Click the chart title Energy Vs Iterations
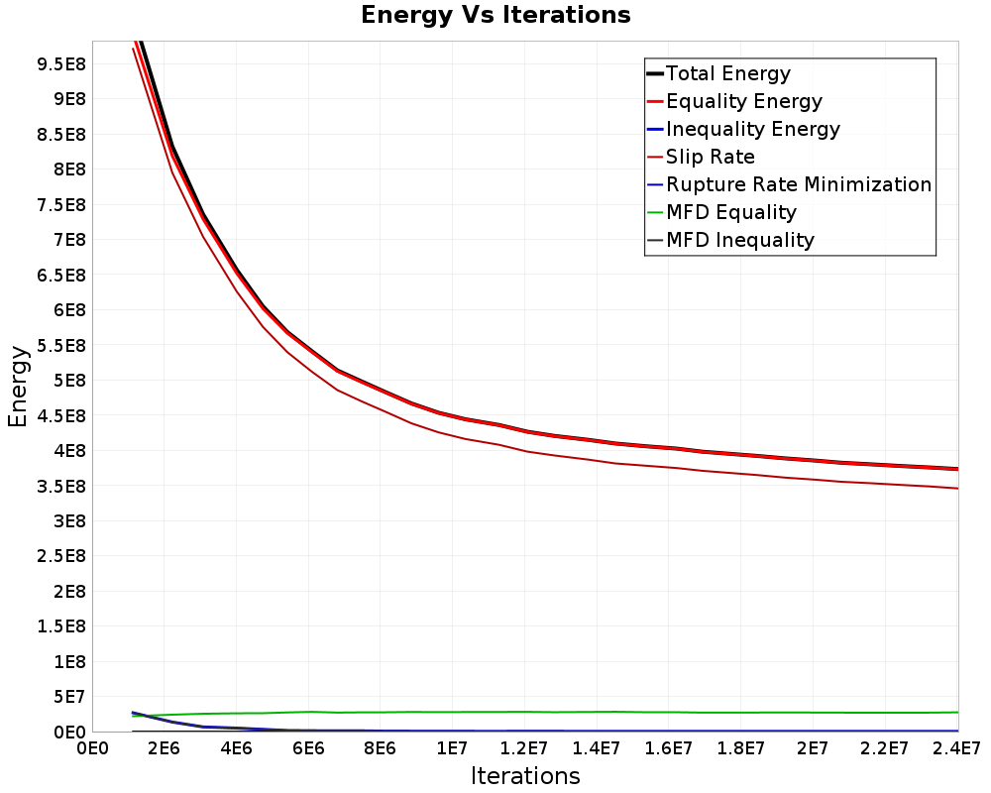click(495, 15)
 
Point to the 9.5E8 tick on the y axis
click(61, 64)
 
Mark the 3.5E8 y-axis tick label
click(61, 487)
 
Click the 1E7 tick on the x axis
click(452, 749)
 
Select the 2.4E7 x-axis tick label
click(955, 749)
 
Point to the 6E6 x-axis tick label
click(308, 749)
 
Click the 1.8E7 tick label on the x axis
click(740, 749)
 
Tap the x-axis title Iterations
click(525, 776)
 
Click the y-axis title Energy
click(18, 387)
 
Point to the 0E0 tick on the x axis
click(92, 749)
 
